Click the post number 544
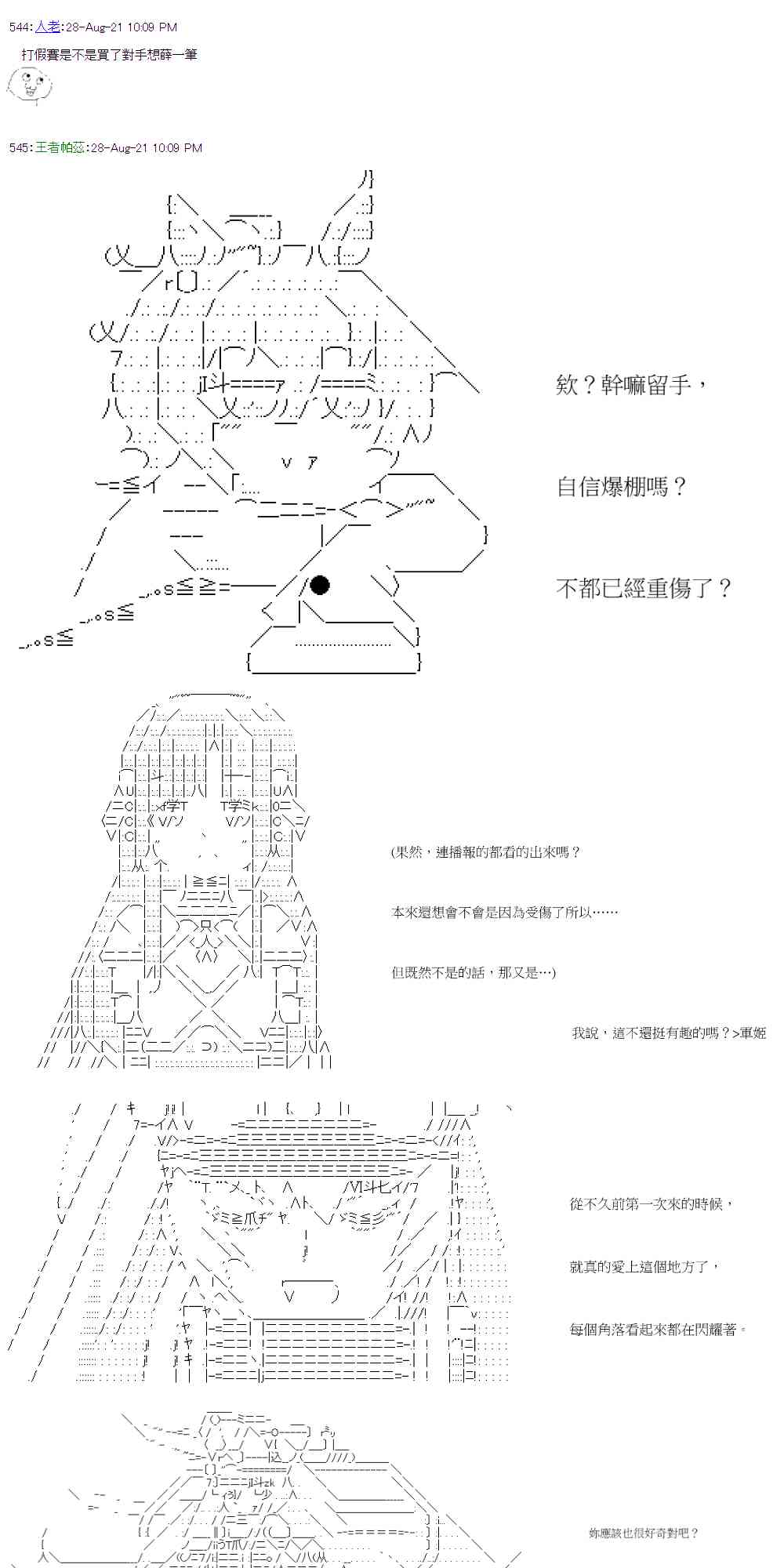[20, 27]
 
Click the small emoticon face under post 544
[26, 85]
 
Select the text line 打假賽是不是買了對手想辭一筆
[109, 55]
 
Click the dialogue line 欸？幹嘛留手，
[631, 385]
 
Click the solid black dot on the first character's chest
[319, 585]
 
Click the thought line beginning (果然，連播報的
[485, 852]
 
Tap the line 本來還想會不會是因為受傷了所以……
[504, 913]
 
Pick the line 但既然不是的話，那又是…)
[474, 973]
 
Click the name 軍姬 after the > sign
[753, 1033]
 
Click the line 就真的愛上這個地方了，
[644, 1266]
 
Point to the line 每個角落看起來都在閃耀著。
[658, 1329]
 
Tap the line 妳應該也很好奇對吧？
[643, 1533]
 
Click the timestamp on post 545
[146, 147]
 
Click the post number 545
[20, 147]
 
